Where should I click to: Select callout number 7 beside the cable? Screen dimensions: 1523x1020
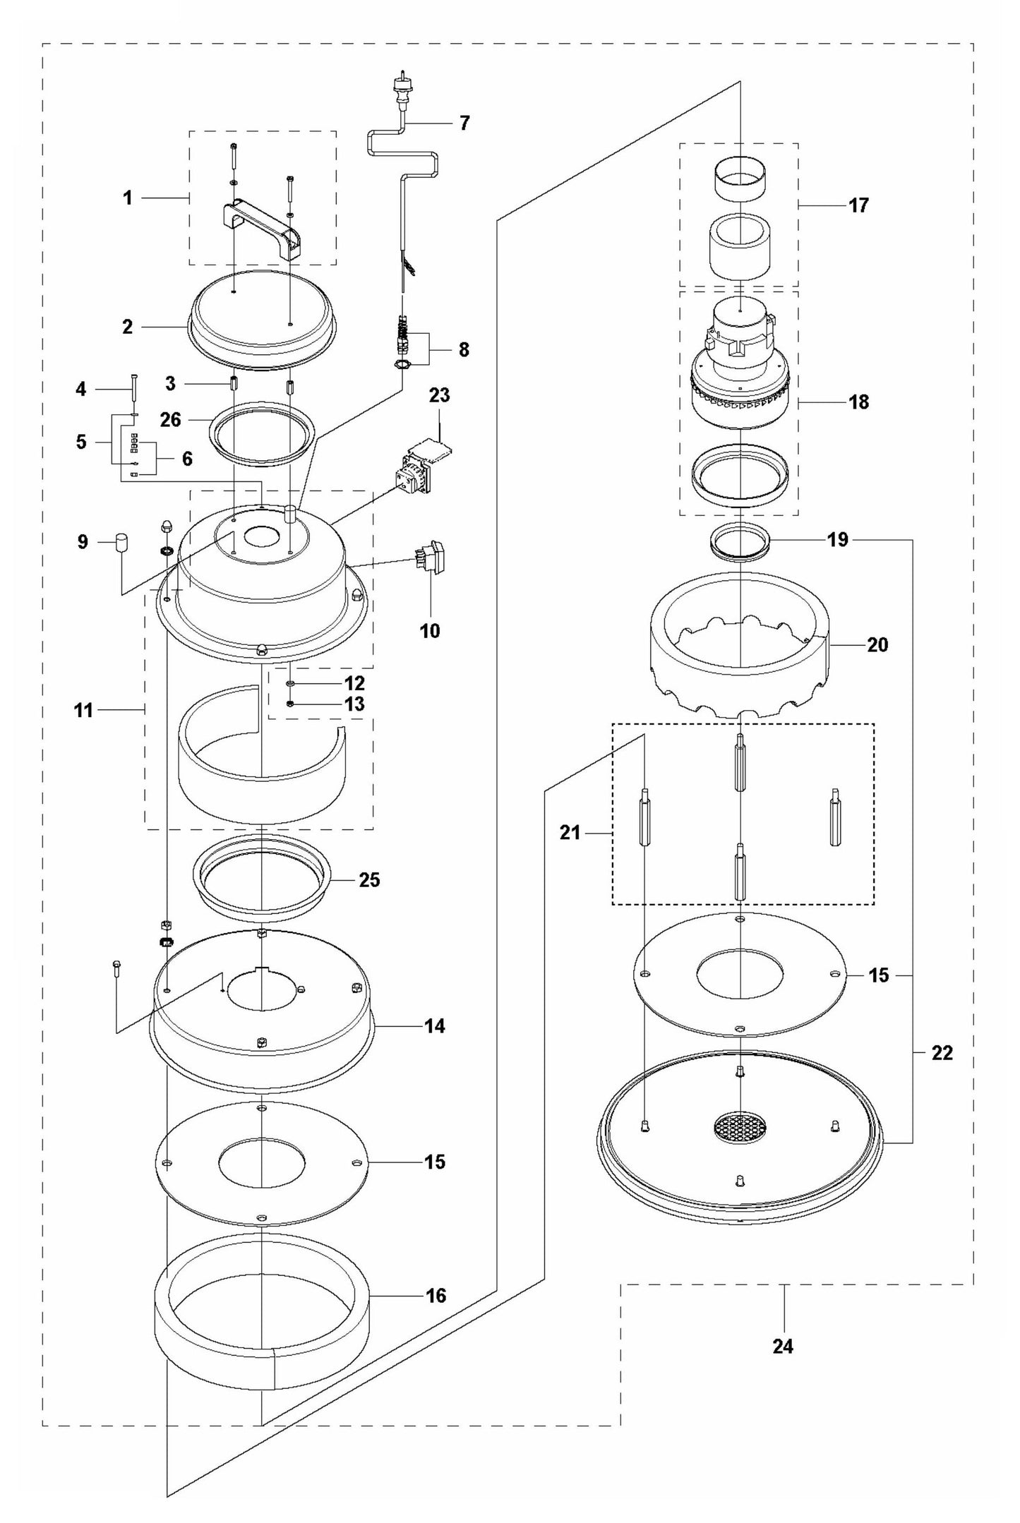(x=464, y=124)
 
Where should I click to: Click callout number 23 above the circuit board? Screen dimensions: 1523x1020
(x=439, y=396)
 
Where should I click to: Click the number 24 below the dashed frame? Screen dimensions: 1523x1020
(x=783, y=1347)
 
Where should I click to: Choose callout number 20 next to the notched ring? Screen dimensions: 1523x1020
(x=877, y=644)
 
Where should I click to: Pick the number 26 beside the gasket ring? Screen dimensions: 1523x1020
(x=171, y=419)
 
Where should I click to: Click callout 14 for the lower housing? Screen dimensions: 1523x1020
(x=435, y=1025)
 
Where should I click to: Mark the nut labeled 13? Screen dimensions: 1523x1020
(x=291, y=704)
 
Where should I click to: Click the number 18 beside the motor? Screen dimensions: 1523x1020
(x=859, y=402)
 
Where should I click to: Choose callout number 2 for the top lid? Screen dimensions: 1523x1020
(x=127, y=327)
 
